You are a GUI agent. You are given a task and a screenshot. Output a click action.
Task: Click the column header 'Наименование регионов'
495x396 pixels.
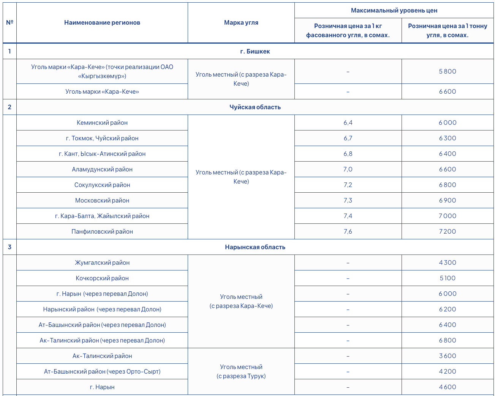tap(102, 23)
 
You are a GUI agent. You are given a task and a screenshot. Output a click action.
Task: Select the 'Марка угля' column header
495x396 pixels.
tap(241, 23)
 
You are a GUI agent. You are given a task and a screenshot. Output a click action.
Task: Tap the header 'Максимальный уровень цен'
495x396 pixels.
tap(394, 11)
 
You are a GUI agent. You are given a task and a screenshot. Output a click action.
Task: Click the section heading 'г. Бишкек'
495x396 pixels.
tap(255, 52)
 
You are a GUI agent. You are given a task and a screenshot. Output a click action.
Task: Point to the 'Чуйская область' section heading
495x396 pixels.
tap(255, 107)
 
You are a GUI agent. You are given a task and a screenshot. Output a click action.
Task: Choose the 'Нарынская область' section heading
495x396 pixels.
tap(255, 247)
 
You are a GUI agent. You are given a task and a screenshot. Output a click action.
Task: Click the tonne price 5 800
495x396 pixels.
tap(448, 72)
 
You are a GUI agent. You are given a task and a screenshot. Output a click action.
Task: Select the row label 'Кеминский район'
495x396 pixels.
tap(102, 123)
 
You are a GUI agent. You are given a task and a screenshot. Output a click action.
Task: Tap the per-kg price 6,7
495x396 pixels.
tap(348, 138)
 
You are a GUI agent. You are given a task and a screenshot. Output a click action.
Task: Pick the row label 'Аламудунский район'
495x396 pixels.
tap(102, 170)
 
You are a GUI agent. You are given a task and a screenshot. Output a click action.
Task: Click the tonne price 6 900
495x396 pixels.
tap(448, 201)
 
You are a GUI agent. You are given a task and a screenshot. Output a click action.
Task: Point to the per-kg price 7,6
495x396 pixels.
tap(348, 232)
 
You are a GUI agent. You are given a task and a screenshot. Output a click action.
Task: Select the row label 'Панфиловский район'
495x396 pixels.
tap(102, 232)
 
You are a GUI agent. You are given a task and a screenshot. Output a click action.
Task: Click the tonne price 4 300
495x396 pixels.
tap(448, 263)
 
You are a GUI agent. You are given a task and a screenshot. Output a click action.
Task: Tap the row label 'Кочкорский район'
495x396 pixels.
tap(102, 278)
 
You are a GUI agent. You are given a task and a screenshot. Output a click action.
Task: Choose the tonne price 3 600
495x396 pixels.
tap(448, 356)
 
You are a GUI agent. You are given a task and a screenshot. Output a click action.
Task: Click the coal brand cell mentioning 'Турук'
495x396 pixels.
tap(241, 372)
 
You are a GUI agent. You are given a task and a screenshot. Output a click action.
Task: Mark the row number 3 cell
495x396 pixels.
tap(9, 247)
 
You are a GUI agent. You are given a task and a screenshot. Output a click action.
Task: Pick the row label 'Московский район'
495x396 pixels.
tap(102, 201)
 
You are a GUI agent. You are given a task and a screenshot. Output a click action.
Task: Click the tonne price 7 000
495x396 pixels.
tap(448, 216)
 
